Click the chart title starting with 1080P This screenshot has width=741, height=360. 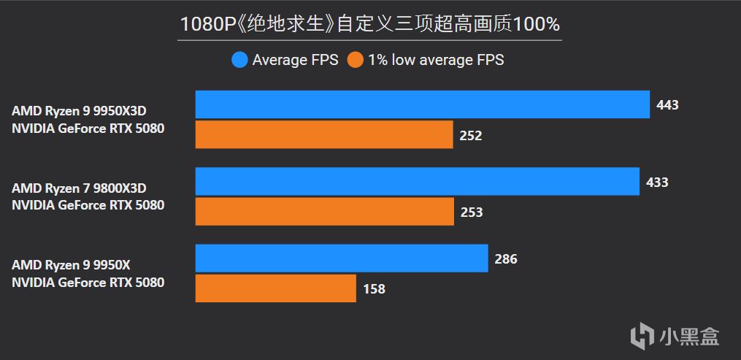coord(370,24)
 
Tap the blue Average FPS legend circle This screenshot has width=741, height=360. coord(239,60)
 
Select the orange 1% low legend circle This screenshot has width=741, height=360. coord(356,60)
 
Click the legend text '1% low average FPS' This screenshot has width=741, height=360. coord(436,60)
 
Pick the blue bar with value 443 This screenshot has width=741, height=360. coord(422,104)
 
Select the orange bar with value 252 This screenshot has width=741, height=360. coord(324,135)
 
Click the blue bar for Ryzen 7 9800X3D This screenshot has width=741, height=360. coord(418,182)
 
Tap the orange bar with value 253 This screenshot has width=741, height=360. coord(324,212)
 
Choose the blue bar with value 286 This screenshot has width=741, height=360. coord(342,258)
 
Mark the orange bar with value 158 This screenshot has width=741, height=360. coord(276,288)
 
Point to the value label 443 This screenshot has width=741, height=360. coord(667,105)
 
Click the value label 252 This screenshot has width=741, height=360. coord(471,136)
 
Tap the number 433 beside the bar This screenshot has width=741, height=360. coord(657,183)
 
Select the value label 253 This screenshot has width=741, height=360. coord(471,212)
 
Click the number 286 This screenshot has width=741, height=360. coord(505,259)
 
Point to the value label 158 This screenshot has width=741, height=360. coord(374,289)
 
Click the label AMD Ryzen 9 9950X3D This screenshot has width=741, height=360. coord(84,111)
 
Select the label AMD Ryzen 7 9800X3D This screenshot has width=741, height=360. coord(84,188)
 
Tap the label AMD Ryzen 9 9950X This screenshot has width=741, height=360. coord(75,265)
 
